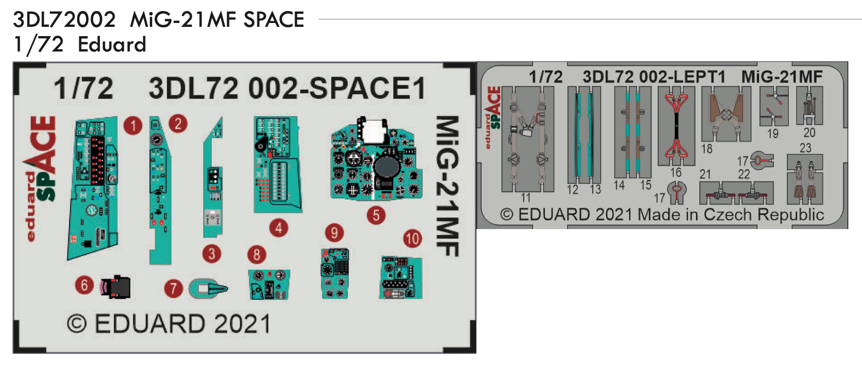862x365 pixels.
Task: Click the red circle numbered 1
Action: (x=133, y=126)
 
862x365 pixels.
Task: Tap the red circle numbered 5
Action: (x=376, y=215)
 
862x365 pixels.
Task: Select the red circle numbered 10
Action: (x=412, y=238)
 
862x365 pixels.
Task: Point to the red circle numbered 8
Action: (x=256, y=254)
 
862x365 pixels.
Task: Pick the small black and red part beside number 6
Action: (x=116, y=286)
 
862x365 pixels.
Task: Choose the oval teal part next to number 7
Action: (x=208, y=288)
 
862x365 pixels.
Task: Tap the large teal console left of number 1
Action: (x=93, y=189)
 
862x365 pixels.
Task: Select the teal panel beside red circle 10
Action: (x=401, y=277)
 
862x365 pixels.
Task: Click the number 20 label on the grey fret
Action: (x=809, y=133)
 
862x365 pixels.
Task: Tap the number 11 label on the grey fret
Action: (x=526, y=197)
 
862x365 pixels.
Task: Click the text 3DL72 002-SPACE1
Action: (x=286, y=89)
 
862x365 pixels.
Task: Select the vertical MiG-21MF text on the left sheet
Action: (x=447, y=186)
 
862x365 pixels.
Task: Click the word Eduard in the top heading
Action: (x=112, y=44)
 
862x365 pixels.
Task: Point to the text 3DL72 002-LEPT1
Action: (x=654, y=77)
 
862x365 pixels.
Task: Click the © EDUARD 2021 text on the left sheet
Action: (x=169, y=324)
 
